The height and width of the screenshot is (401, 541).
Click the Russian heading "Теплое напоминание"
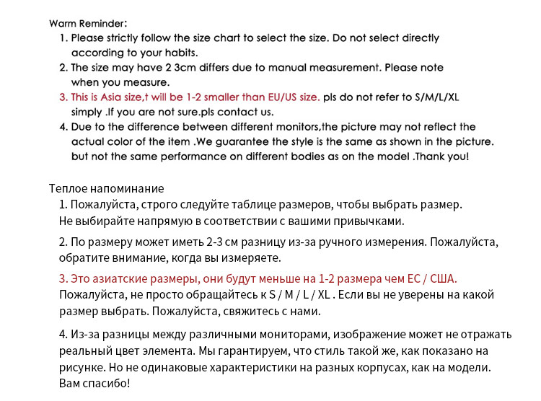tap(106, 188)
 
